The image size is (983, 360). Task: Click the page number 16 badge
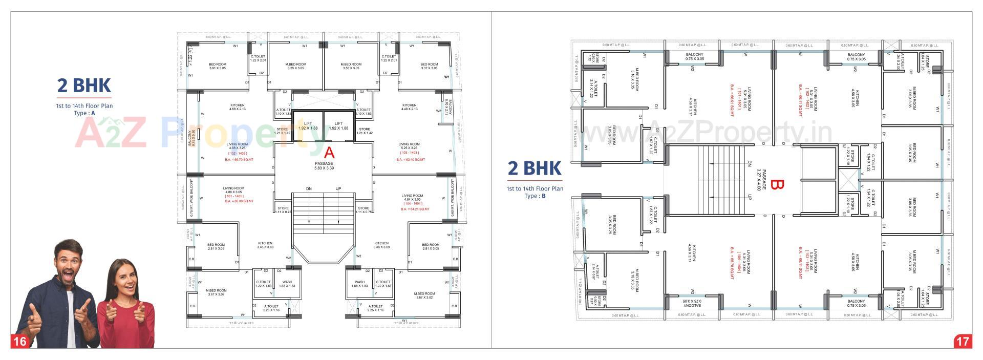point(19,341)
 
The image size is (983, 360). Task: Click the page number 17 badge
point(962,341)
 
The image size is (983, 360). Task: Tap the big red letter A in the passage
point(329,152)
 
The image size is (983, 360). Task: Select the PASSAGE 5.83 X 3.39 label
point(324,165)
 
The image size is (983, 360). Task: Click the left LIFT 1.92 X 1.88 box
point(308,125)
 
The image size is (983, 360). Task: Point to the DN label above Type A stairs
point(309,189)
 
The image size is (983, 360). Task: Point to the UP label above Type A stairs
point(338,189)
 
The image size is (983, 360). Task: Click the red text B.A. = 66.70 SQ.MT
point(239,160)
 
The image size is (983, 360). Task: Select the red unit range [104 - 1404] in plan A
point(412,204)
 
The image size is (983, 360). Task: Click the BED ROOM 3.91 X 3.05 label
point(218,66)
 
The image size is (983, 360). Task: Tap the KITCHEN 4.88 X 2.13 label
point(237,107)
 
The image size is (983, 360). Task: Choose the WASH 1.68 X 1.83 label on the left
point(287,284)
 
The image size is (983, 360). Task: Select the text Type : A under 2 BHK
point(84,113)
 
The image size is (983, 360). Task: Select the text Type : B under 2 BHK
point(535,196)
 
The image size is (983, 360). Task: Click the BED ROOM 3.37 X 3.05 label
point(429,66)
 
